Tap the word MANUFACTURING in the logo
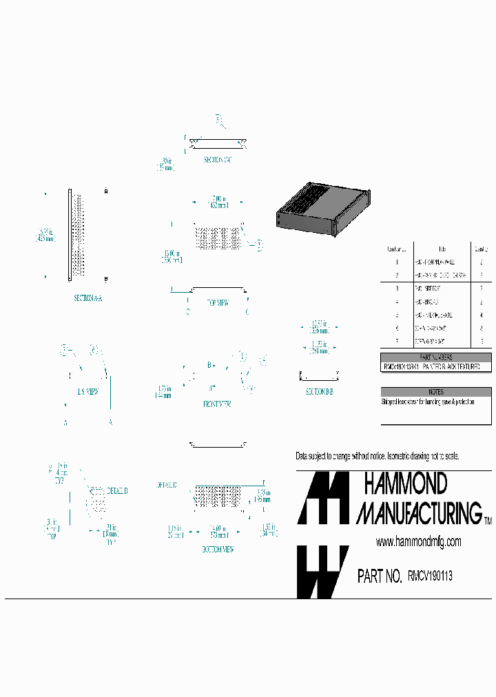(x=419, y=513)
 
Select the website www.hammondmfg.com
(x=418, y=542)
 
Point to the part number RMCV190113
(x=430, y=576)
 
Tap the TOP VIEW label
(x=218, y=302)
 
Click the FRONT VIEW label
(x=217, y=404)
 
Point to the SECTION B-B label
(x=320, y=392)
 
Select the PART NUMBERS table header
(x=437, y=357)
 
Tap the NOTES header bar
(x=437, y=391)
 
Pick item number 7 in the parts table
(x=397, y=341)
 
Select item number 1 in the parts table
(x=397, y=262)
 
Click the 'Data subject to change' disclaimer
(x=377, y=457)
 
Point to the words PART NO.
(x=380, y=576)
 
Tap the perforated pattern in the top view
(x=217, y=238)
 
